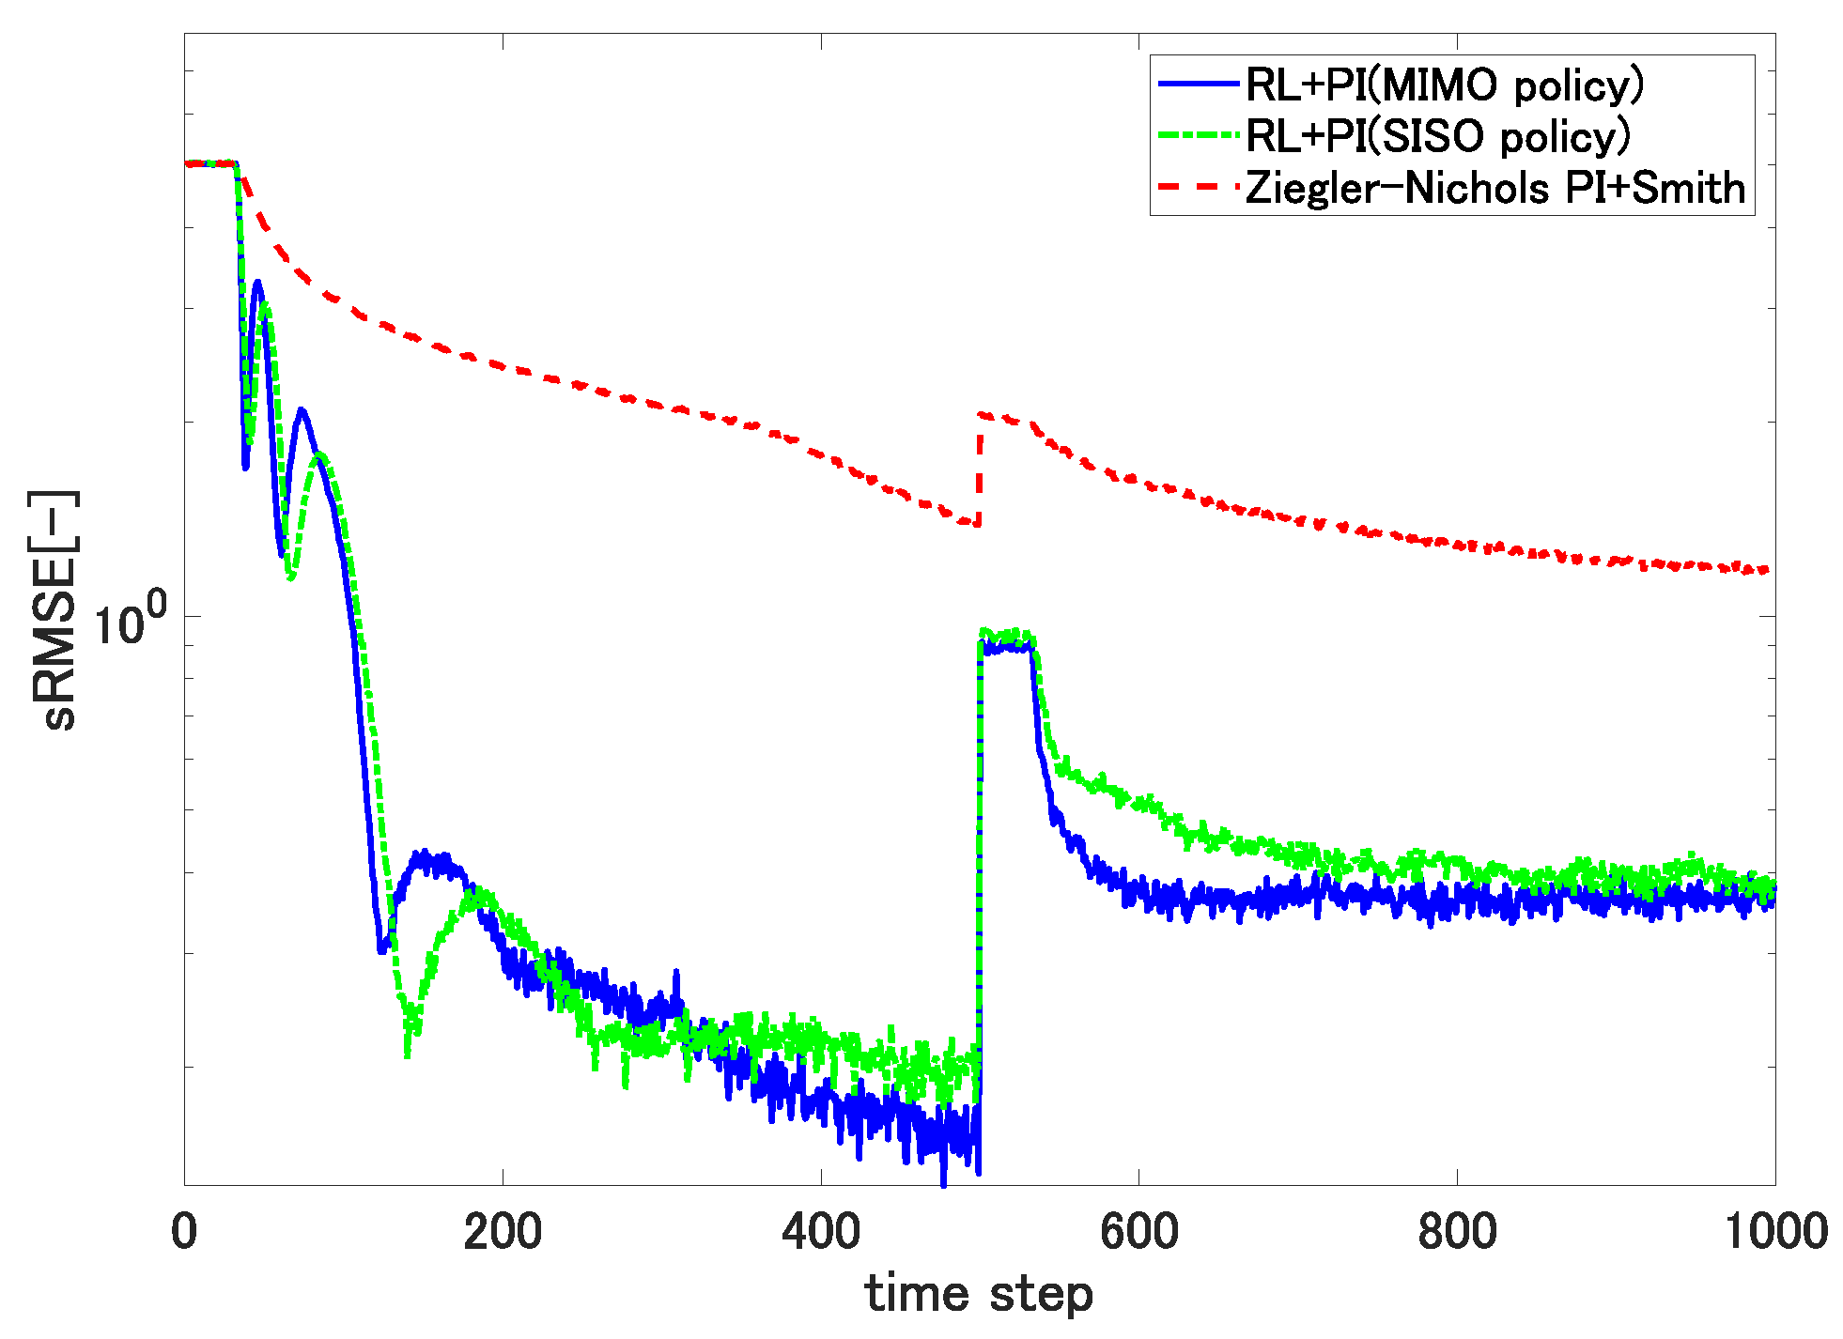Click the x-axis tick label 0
pyautogui.click(x=184, y=1231)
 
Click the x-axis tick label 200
pyautogui.click(x=503, y=1231)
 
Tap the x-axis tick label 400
pyautogui.click(x=821, y=1231)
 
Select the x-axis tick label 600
pyautogui.click(x=1138, y=1231)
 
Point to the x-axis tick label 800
pyautogui.click(x=1457, y=1231)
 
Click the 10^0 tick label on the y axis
pyautogui.click(x=130, y=622)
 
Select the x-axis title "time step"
pyautogui.click(x=979, y=1295)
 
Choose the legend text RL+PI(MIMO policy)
pyautogui.click(x=1445, y=85)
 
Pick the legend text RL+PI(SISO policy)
pyautogui.click(x=1437, y=136)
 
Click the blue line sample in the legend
pyautogui.click(x=1199, y=85)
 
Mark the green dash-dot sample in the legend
pyautogui.click(x=1199, y=135)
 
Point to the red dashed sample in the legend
pyautogui.click(x=1199, y=187)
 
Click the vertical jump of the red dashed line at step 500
pyautogui.click(x=979, y=469)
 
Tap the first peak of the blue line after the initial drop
pyautogui.click(x=256, y=282)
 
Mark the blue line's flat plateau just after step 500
pyautogui.click(x=1005, y=646)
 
